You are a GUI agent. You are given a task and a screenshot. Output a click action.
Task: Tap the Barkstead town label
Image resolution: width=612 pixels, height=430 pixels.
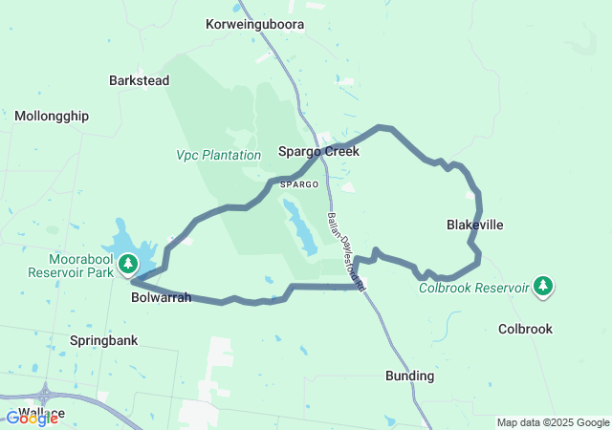pos(140,80)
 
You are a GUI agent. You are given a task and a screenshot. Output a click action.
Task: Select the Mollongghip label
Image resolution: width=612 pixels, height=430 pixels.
pos(52,116)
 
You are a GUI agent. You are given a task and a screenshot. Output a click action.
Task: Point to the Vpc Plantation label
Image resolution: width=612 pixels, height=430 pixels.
pos(218,155)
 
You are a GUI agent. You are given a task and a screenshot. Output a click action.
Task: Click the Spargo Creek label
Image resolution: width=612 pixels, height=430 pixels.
pos(318,151)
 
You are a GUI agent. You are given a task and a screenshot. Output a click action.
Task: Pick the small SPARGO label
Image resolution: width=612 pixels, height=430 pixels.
pos(299,183)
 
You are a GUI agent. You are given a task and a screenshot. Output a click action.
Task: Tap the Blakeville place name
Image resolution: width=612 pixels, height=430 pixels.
pos(474,225)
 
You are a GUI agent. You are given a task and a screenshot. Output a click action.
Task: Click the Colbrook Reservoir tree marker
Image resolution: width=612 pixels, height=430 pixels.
pos(543,286)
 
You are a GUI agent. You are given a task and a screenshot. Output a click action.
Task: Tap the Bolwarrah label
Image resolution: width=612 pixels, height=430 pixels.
pos(161,297)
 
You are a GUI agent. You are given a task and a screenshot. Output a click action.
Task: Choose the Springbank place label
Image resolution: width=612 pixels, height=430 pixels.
pos(104,340)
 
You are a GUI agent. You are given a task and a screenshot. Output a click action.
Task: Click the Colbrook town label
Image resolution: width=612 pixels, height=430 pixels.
pos(525,329)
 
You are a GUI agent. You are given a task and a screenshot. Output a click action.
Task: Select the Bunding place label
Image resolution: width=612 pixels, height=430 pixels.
pos(410,376)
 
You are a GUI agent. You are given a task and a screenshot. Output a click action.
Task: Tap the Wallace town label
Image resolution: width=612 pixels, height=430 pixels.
pos(41,413)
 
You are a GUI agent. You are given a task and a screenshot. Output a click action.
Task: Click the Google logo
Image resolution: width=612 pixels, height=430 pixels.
pos(32,419)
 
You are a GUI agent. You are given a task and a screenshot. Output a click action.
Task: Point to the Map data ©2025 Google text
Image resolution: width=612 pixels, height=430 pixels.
pos(552,422)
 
